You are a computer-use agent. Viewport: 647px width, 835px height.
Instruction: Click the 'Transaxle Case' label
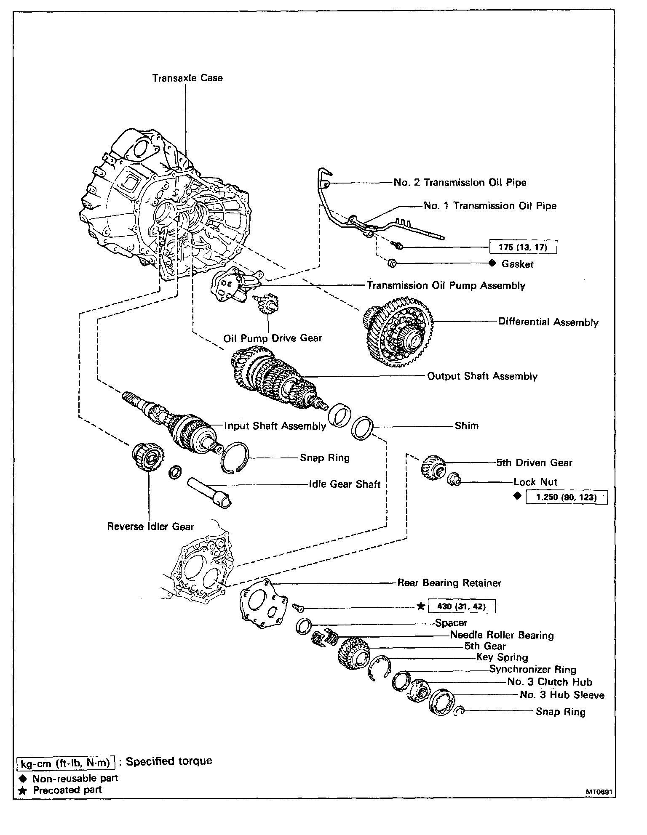point(187,78)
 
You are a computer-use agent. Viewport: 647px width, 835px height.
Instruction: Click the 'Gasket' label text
point(518,264)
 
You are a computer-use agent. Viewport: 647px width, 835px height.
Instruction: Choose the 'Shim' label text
point(467,425)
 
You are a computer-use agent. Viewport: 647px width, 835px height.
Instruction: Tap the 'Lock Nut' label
point(535,482)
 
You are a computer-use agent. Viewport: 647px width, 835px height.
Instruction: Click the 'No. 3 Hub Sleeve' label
point(562,695)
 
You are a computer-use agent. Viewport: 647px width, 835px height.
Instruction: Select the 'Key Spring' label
point(502,657)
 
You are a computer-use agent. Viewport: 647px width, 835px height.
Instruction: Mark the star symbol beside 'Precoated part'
point(23,790)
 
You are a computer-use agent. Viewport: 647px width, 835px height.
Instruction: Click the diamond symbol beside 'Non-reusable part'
point(23,779)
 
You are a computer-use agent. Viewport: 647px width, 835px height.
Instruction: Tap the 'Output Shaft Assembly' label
point(482,376)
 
